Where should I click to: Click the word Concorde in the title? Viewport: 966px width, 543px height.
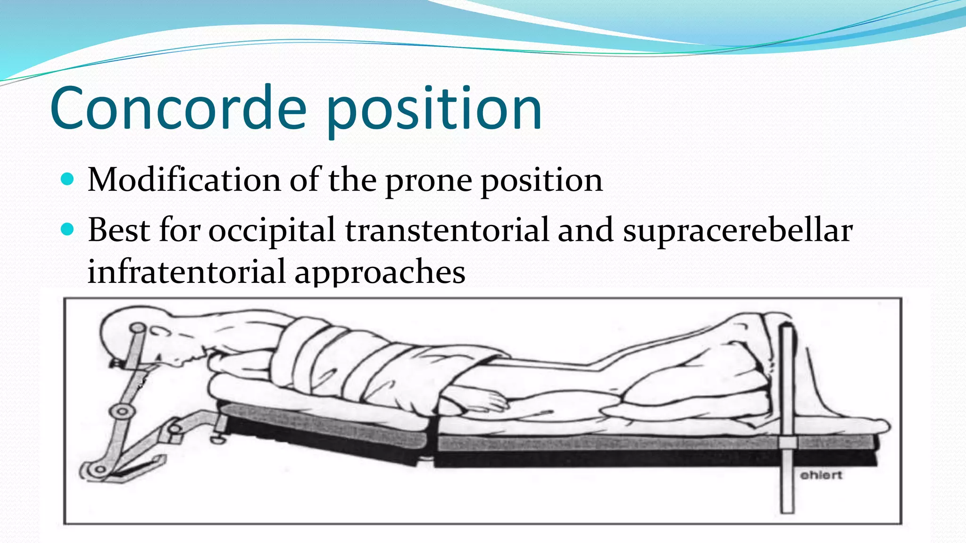click(x=178, y=108)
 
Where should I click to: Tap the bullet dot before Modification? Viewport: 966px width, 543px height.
click(x=68, y=179)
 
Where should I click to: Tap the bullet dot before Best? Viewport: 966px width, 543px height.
click(x=68, y=230)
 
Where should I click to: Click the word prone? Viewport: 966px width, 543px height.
click(x=428, y=181)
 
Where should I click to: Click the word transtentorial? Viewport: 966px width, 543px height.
click(x=447, y=230)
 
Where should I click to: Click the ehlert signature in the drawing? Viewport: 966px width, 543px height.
click(x=821, y=475)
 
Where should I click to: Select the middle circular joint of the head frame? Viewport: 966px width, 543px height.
click(x=122, y=411)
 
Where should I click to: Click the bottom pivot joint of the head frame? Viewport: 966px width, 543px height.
click(x=100, y=469)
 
